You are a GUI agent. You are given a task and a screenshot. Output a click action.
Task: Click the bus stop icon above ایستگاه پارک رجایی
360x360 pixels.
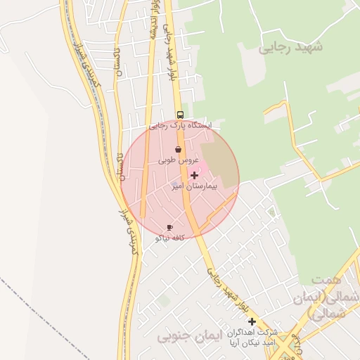180,115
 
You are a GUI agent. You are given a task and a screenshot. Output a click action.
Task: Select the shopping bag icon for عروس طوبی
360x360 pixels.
178,149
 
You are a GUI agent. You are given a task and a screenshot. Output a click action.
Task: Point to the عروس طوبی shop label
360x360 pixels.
179,160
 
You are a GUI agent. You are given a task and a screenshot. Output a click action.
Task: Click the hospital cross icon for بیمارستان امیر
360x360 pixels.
194,175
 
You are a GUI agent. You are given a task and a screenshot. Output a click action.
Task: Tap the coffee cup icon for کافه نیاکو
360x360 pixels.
169,228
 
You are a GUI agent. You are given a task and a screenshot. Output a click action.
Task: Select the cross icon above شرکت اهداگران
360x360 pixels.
252,321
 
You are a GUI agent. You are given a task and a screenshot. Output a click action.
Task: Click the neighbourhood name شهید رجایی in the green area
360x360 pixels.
290,47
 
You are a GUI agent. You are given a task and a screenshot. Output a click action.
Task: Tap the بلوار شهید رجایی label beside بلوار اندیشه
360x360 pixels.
169,49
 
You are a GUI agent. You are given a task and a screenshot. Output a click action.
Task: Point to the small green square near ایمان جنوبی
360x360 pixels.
164,300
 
